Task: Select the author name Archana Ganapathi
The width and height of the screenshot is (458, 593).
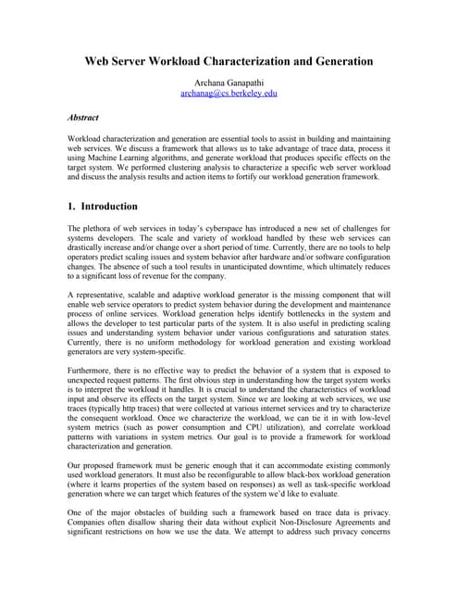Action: pyautogui.click(x=229, y=82)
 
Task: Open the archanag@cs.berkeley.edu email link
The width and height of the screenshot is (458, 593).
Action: pyautogui.click(x=229, y=94)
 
